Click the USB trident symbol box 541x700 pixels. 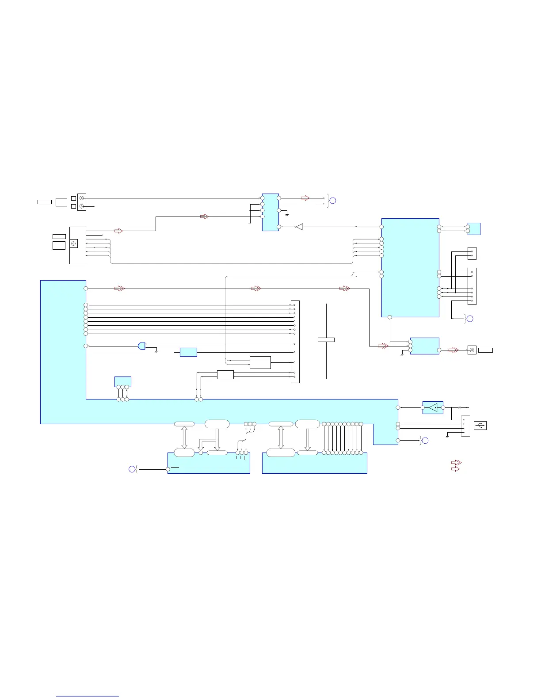480,425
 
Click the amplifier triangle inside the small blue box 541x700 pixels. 433,407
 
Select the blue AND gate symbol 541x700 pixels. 141,346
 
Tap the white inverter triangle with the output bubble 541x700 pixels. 299,227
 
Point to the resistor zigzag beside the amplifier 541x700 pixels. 459,407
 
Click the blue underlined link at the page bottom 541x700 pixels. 88,696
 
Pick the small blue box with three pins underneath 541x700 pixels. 122,381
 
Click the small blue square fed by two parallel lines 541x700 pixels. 474,229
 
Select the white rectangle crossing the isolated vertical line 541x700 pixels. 326,339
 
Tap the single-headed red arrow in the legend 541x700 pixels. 455,468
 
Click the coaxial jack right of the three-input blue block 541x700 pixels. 472,350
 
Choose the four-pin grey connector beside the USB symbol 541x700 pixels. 465,426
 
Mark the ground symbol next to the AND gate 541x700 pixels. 157,352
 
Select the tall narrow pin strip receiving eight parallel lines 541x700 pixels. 295,342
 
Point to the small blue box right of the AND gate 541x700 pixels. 188,352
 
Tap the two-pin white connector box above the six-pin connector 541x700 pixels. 472,253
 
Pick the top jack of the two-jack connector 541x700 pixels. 81,198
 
